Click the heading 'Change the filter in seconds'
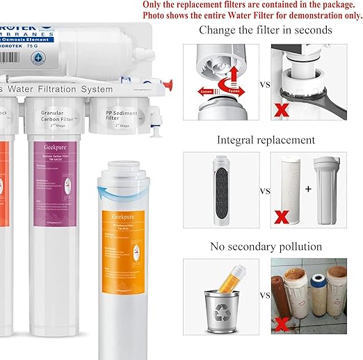[265, 30]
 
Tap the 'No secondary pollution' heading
[266, 246]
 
